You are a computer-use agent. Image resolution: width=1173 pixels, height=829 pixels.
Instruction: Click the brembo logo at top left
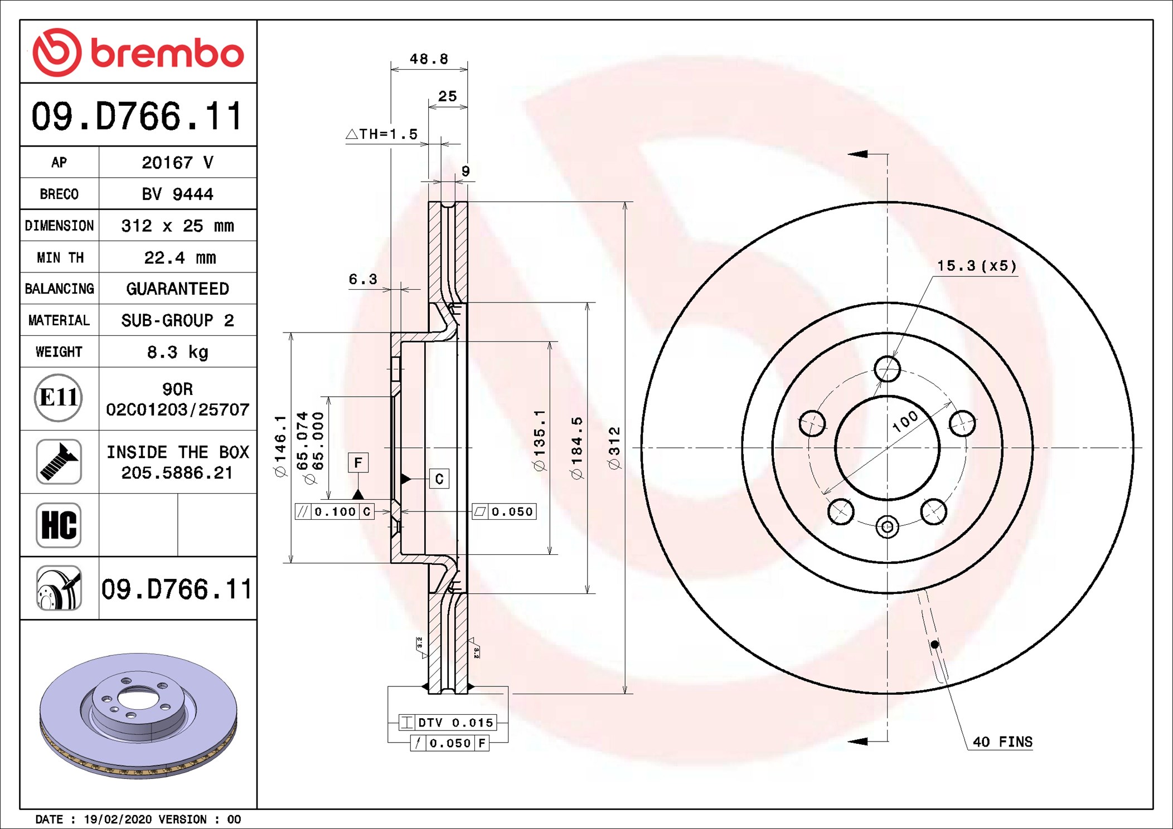point(138,52)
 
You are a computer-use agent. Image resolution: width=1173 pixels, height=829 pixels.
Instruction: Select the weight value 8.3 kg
point(178,352)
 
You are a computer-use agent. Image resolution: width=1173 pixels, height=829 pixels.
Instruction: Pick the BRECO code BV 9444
point(177,194)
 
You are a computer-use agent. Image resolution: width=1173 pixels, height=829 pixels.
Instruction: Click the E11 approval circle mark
point(59,398)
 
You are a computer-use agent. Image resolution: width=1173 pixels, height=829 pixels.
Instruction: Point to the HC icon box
point(59,525)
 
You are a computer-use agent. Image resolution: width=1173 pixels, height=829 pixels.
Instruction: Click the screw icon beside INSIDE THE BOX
point(59,461)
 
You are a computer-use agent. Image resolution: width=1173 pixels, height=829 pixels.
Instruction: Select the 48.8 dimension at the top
point(429,58)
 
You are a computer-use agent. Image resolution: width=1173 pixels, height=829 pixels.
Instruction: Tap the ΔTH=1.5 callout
point(382,134)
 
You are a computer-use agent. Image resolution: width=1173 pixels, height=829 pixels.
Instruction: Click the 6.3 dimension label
point(363,279)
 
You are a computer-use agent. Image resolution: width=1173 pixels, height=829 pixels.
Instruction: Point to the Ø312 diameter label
point(614,448)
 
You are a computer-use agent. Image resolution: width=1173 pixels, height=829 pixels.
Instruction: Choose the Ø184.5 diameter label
point(576,448)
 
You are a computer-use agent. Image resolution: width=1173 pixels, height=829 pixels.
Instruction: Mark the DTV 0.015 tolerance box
point(447,723)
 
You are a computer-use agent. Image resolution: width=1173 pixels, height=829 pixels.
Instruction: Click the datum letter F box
point(358,462)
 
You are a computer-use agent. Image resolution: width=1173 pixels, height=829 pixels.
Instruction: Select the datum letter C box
point(439,479)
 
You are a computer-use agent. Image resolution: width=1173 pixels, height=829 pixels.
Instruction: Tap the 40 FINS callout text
point(1002,742)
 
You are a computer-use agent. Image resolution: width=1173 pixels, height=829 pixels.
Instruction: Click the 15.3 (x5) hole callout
point(977,266)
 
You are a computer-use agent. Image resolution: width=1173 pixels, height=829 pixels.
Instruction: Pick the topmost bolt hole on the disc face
point(887,369)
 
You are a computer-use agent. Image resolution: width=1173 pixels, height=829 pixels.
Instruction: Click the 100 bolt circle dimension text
point(905,421)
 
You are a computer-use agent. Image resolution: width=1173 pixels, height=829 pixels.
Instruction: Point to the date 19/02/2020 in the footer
point(118,820)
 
